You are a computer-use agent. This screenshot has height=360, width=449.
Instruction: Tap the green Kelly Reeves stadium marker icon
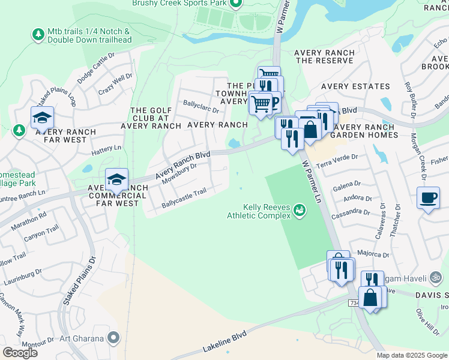pos(299,210)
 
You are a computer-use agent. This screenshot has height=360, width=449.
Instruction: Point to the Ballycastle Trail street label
pos(184,199)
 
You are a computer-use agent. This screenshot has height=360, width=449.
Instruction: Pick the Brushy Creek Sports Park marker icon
pos(235,5)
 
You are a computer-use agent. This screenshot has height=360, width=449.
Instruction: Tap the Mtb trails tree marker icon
pos(38,35)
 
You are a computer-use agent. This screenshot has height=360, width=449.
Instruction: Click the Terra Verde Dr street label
pos(337,157)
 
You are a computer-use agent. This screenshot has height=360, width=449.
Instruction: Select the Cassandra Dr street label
pos(349,212)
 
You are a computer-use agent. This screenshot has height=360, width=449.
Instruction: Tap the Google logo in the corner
pos(20,353)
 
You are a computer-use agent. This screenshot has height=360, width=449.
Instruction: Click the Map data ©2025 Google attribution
pos(412,355)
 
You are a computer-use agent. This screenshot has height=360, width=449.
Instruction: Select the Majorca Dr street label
pos(373,255)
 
